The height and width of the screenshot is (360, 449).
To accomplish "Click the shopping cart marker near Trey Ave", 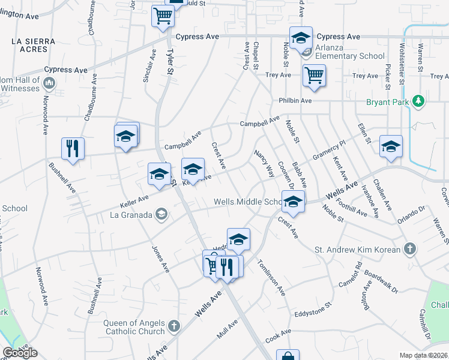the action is (x=314, y=76).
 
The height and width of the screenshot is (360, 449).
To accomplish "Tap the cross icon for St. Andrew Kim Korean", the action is (x=409, y=248).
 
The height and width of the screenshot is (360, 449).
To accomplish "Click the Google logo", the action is (x=20, y=353).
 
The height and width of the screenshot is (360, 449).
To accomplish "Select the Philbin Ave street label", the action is (x=295, y=101).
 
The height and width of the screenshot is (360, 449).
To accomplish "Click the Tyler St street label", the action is (x=170, y=62).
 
